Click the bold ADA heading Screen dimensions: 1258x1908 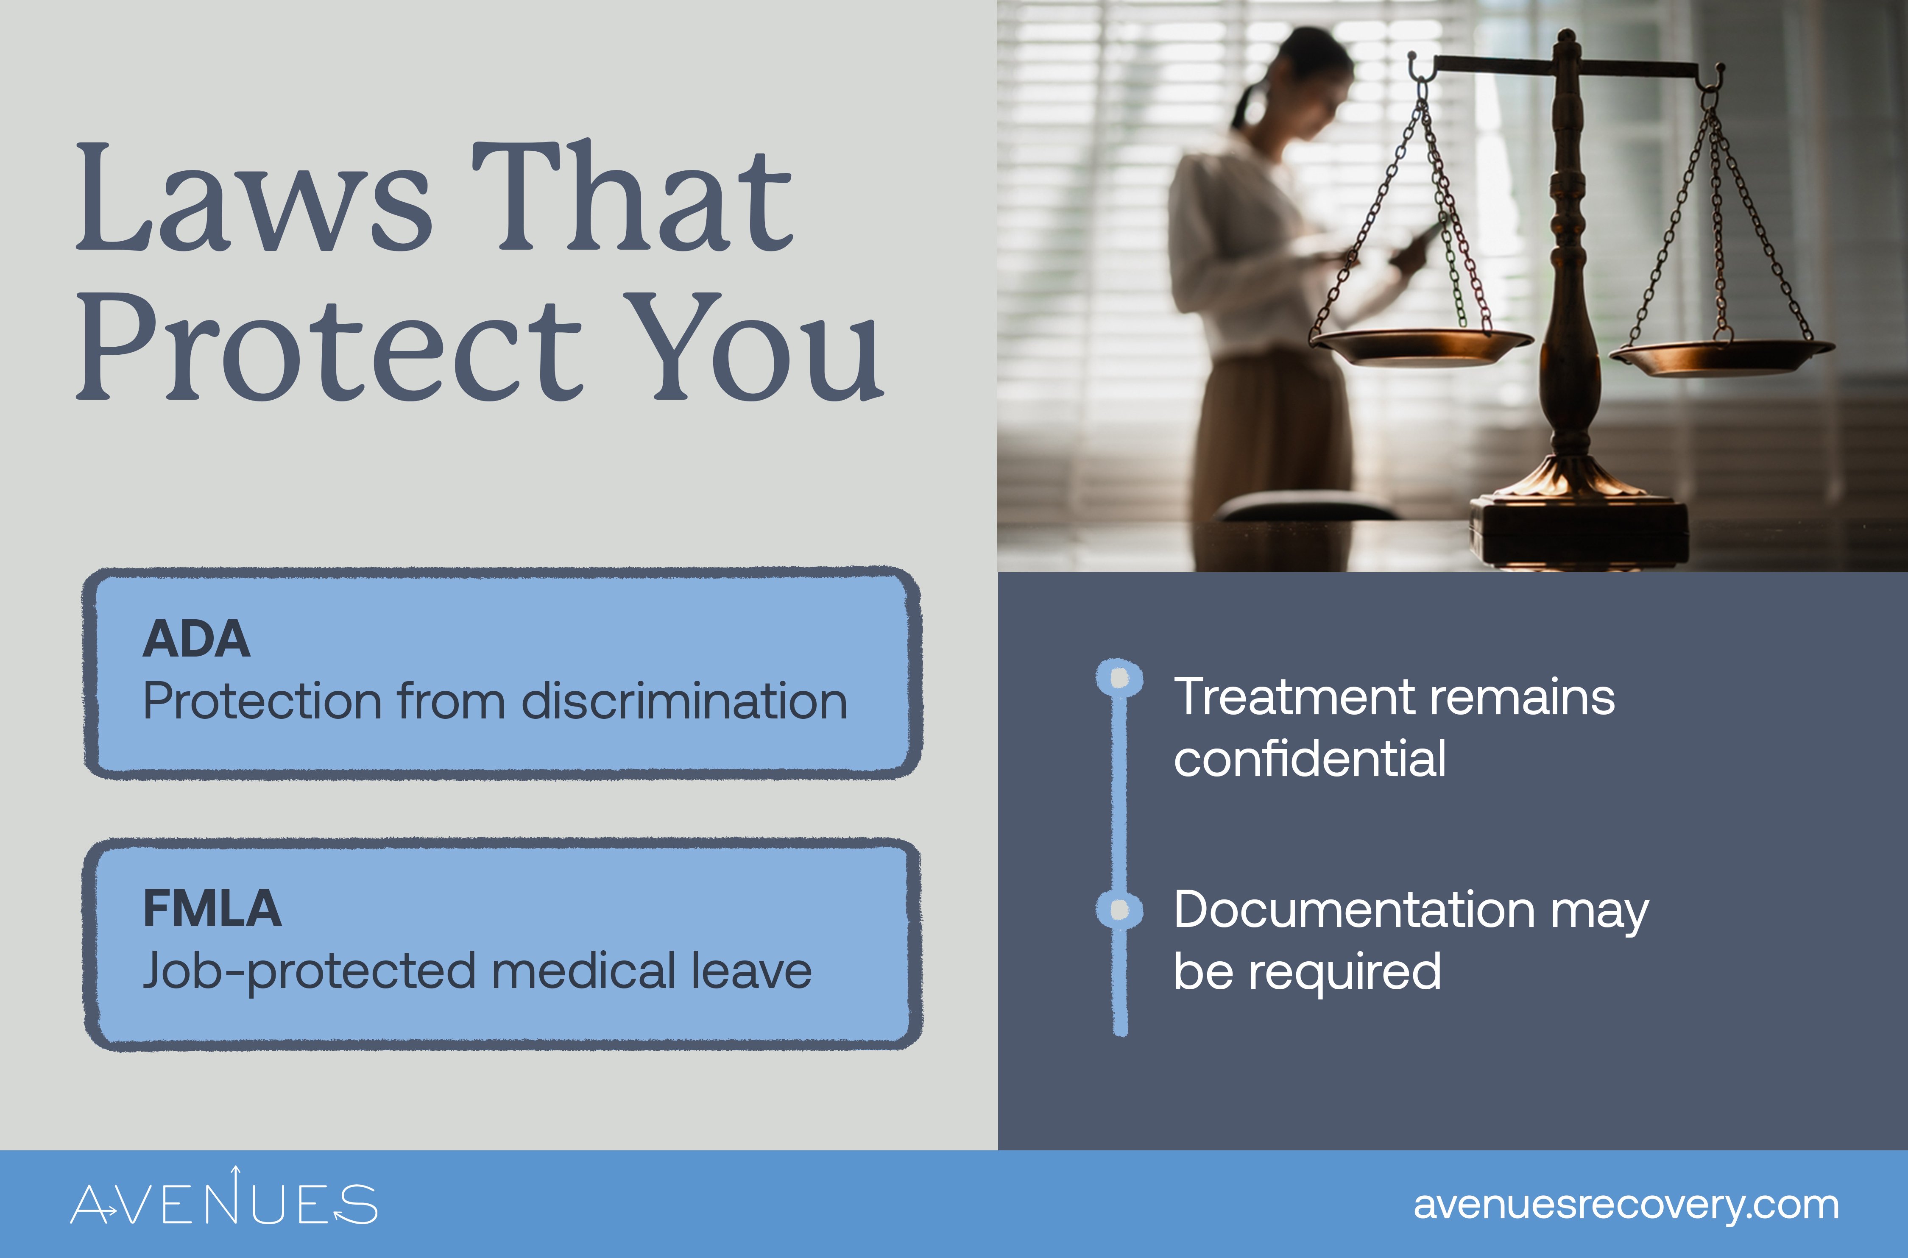(x=197, y=640)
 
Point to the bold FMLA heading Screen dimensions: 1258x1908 (x=212, y=909)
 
